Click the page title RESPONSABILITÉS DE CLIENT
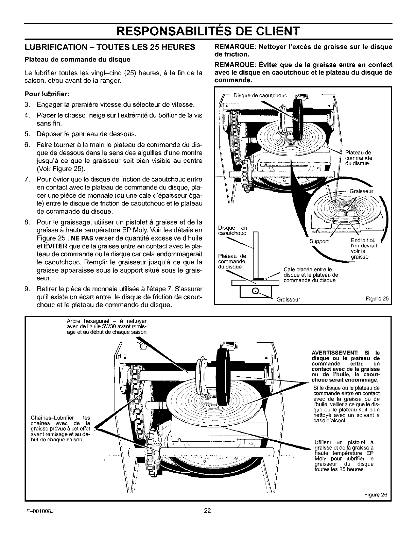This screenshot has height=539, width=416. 208,31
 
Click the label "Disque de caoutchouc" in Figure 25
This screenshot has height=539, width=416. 260,95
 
